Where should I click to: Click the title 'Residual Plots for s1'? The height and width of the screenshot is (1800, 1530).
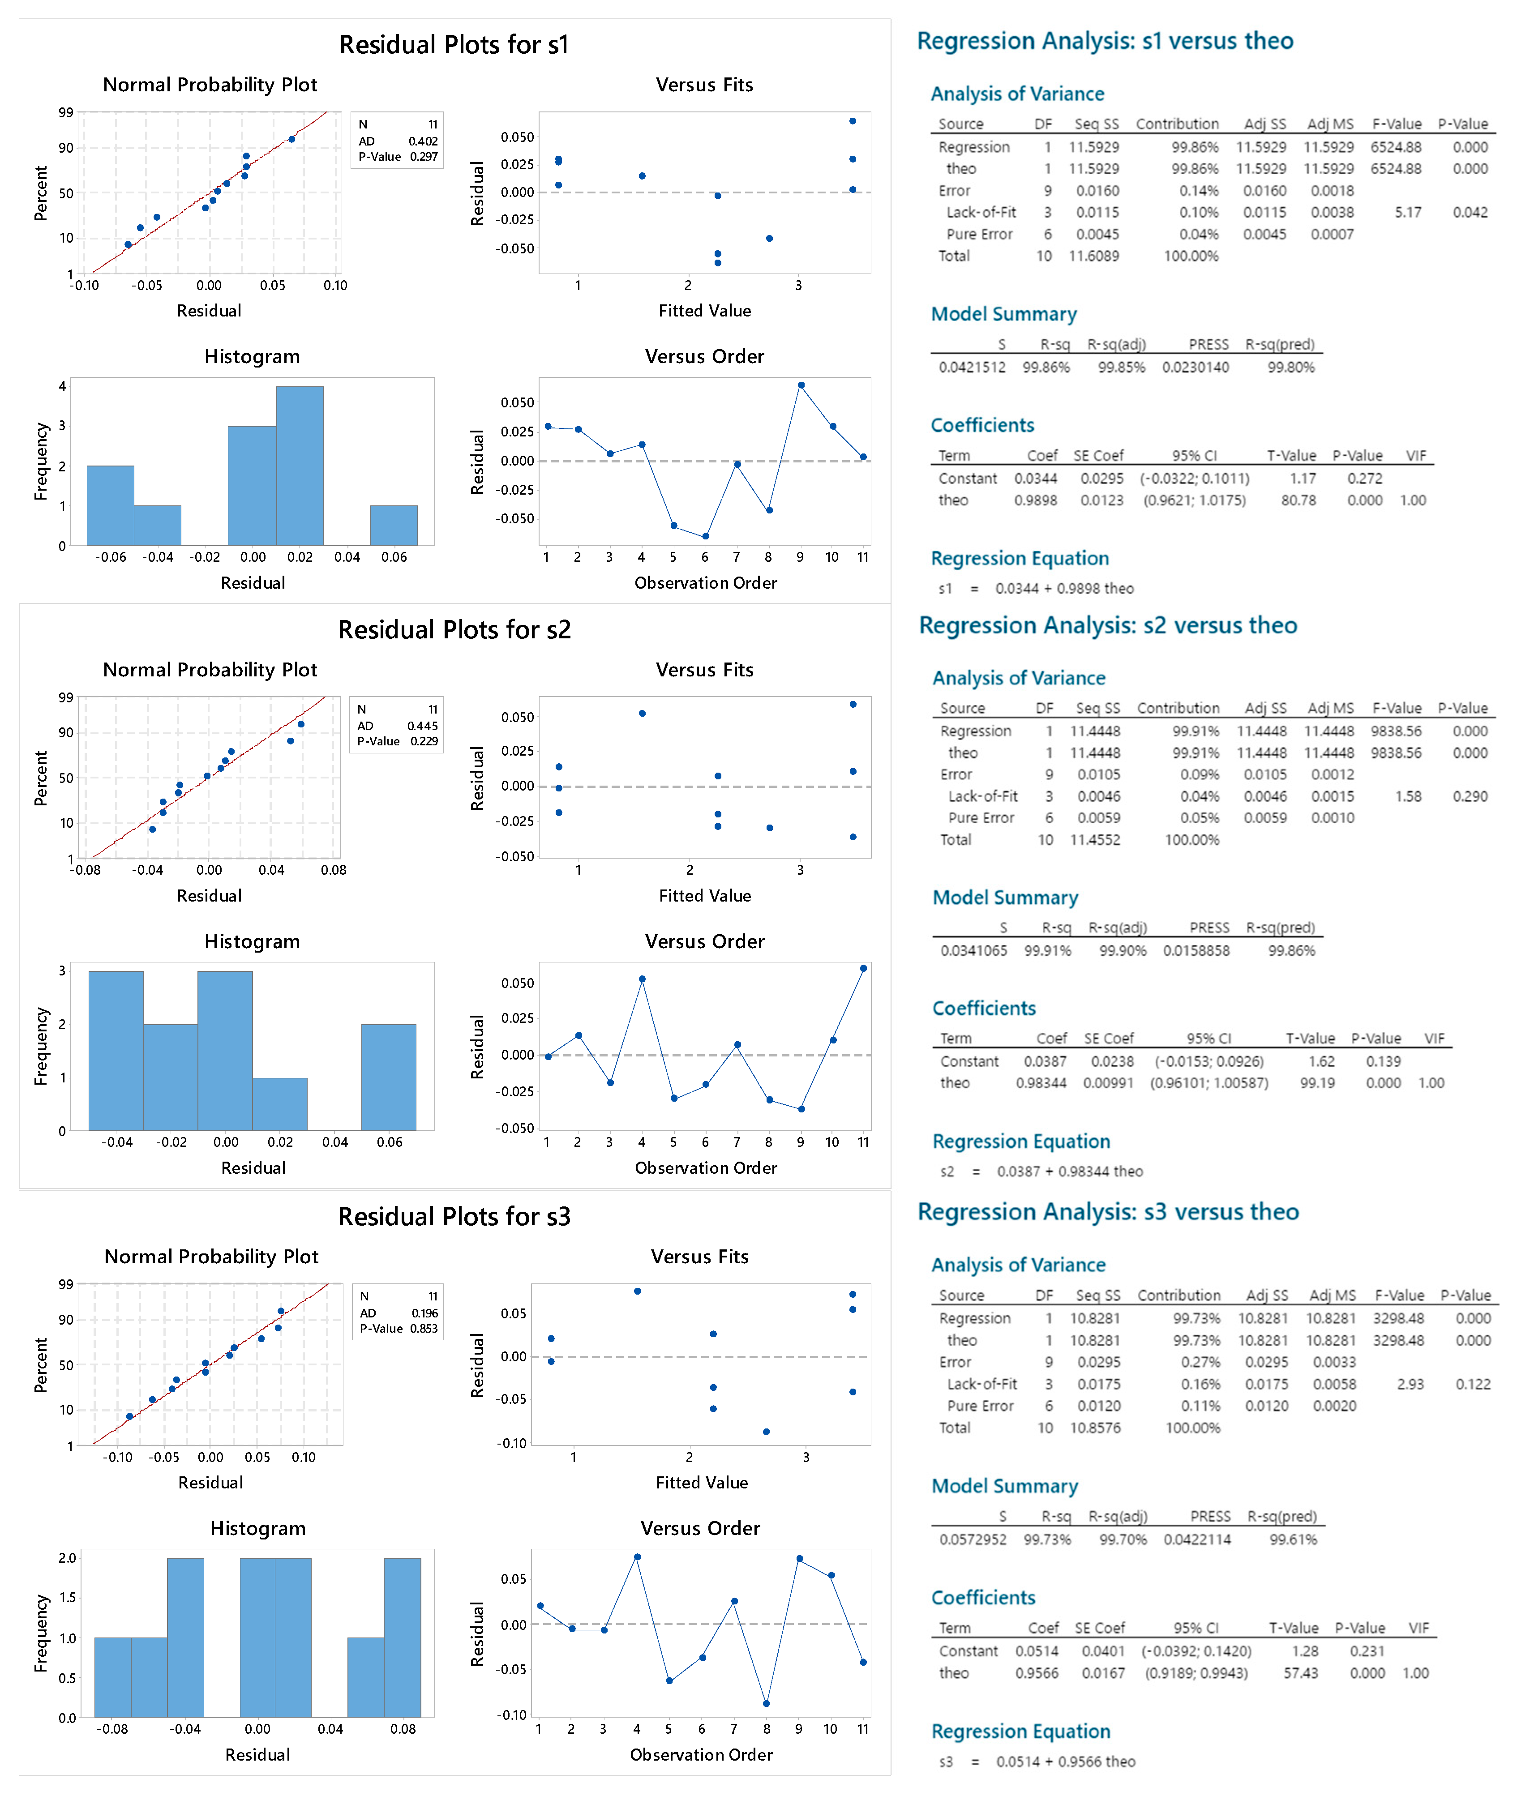(454, 44)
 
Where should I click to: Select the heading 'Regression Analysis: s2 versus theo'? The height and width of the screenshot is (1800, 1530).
(1108, 625)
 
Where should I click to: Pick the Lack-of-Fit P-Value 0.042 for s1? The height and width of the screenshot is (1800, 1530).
(1470, 213)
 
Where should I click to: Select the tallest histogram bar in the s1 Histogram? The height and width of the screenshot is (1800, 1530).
(300, 466)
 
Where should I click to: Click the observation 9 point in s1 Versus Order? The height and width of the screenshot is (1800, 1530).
(801, 385)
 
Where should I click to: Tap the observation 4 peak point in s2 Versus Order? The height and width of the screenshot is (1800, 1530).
(642, 979)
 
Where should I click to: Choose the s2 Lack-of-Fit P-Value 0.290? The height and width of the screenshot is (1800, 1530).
(1470, 796)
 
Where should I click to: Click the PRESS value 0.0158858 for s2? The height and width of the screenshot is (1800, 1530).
(1196, 950)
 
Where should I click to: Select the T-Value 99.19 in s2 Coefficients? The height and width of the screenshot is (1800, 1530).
(1316, 1083)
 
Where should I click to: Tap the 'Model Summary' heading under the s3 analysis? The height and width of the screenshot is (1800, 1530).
(1004, 1486)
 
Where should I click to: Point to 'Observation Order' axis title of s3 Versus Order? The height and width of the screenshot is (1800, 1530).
(701, 1755)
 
